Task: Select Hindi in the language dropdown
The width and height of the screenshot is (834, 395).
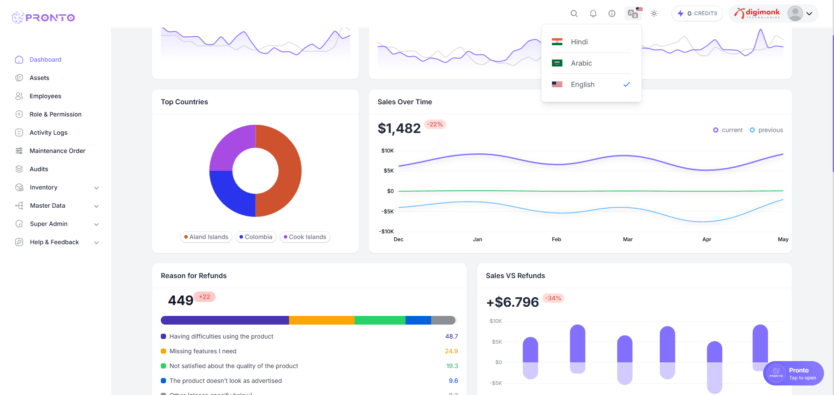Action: point(579,42)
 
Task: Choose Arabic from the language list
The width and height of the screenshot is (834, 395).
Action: point(581,63)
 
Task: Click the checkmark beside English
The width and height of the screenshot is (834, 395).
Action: point(626,84)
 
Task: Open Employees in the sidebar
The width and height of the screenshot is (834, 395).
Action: point(45,96)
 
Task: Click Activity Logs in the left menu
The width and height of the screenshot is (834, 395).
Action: point(48,133)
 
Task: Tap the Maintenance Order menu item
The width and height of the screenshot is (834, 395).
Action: point(57,151)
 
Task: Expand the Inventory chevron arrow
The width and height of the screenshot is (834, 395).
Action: point(96,188)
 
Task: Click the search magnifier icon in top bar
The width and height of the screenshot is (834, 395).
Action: point(574,13)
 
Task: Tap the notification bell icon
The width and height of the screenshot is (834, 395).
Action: point(593,13)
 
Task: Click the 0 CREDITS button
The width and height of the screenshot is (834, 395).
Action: point(697,13)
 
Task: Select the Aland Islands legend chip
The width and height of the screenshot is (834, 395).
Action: point(206,237)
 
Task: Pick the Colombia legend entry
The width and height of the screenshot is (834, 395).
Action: point(256,237)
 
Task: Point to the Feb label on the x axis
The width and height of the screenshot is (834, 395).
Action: point(556,239)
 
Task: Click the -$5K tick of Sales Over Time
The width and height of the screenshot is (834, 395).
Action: point(387,212)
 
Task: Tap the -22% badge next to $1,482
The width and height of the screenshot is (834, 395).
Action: point(435,124)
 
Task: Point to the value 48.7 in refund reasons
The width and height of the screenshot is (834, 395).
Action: point(452,336)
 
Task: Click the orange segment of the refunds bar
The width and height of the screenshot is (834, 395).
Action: point(322,320)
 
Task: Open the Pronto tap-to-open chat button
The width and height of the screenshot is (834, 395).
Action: point(794,373)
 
